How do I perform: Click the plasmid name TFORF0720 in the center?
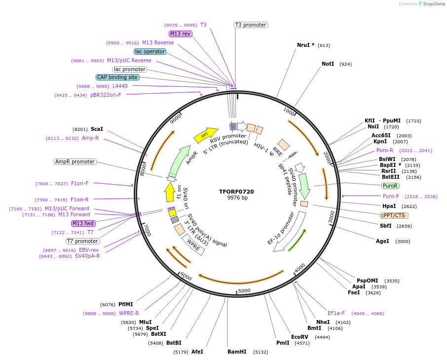coord(236,192)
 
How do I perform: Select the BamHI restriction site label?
coord(237,352)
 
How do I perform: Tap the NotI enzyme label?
coord(328,64)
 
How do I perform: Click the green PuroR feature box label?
coord(390,186)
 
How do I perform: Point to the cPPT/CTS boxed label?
coord(394,215)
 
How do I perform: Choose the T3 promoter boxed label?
coord(251,25)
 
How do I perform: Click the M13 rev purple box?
coord(180,34)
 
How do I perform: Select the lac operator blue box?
coord(150,51)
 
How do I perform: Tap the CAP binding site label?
coord(117,77)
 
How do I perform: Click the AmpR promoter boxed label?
coord(74,161)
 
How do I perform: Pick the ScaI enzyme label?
coord(97,129)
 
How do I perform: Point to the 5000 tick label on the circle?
coord(244,291)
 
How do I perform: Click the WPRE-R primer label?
coord(129,313)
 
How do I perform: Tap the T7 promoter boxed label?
coord(83,241)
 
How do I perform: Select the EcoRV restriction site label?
coord(299,337)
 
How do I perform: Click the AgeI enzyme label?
coord(382,241)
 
